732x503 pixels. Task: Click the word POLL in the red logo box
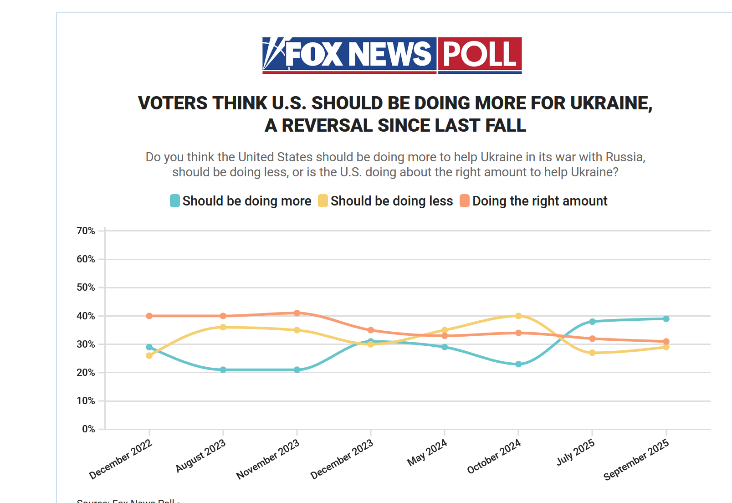480,54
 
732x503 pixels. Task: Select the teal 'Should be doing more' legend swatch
175,201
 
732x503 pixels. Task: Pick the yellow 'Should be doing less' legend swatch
323,201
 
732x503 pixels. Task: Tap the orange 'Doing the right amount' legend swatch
465,201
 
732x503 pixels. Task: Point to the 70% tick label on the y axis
86,231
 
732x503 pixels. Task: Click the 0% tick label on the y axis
88,429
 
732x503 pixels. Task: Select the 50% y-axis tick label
86,287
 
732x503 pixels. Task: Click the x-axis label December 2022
121,459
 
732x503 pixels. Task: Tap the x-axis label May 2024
427,452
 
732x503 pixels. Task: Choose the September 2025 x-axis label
636,459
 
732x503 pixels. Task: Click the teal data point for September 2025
666,319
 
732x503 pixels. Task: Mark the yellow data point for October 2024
518,316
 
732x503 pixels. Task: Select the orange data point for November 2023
297,313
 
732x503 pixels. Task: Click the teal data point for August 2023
223,370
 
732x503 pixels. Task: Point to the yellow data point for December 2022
149,355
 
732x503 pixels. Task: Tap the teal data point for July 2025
592,322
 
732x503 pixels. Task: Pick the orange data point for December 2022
149,316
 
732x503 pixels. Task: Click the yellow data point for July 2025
592,353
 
